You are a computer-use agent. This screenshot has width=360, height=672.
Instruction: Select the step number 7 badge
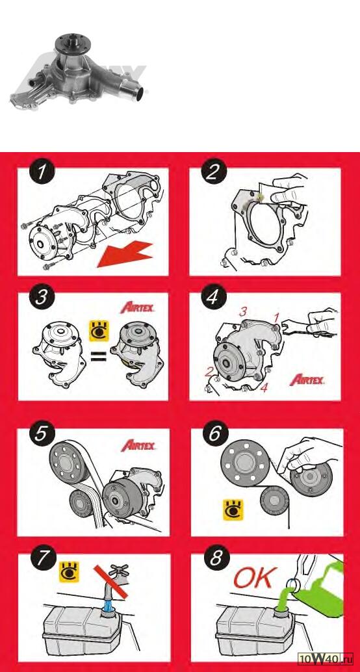[42, 558]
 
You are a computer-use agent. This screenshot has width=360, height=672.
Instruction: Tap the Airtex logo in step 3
[137, 307]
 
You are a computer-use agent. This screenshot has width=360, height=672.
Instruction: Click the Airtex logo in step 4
[307, 379]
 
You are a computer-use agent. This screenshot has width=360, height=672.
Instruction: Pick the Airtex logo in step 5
[138, 445]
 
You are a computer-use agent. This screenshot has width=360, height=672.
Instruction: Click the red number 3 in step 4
[243, 311]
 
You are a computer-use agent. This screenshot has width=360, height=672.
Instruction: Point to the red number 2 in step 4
[209, 372]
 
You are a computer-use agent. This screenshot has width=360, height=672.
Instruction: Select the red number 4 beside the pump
[264, 388]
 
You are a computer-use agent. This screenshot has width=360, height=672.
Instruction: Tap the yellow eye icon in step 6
[233, 510]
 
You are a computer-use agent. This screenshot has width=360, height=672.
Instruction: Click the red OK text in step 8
[253, 578]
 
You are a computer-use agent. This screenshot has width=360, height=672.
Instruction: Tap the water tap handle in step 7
[118, 570]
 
